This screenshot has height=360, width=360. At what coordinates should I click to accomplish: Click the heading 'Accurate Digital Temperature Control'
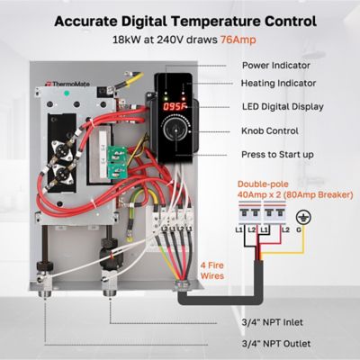coord(180,20)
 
